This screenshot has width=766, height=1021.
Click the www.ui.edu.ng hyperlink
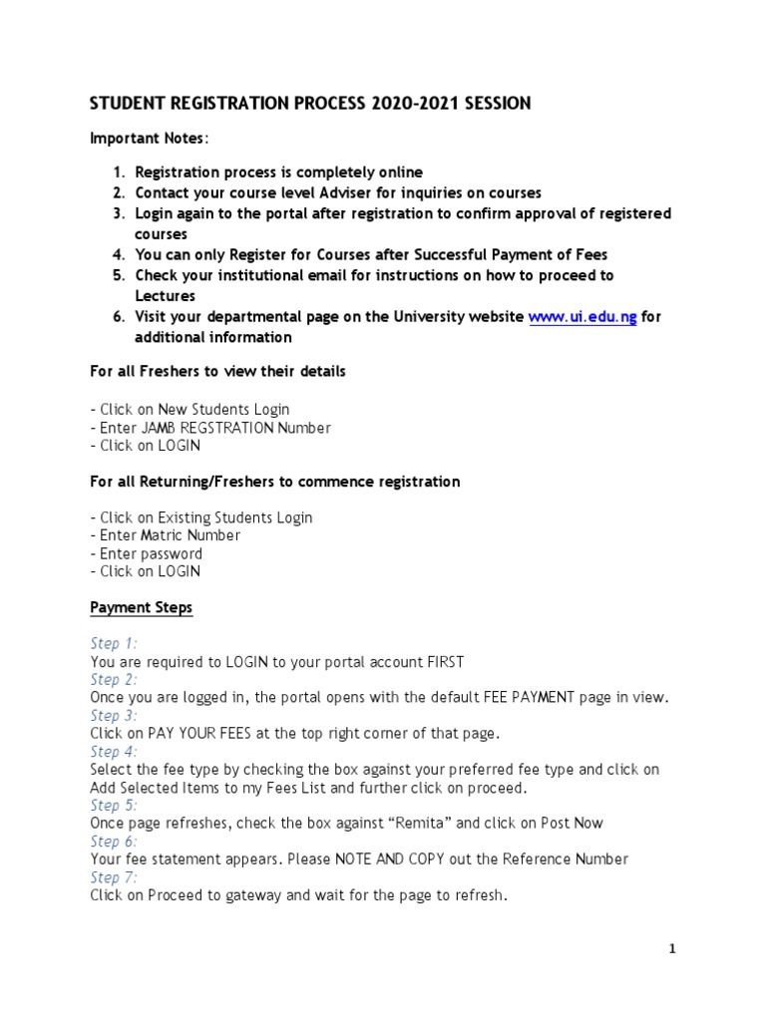[581, 317]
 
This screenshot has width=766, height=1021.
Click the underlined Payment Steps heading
[141, 607]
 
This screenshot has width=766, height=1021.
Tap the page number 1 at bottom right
[672, 949]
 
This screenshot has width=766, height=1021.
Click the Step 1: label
[114, 644]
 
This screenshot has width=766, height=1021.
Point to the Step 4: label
[114, 752]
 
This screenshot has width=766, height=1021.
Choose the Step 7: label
[114, 877]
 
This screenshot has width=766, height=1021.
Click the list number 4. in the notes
[118, 254]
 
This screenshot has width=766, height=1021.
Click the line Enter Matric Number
[165, 535]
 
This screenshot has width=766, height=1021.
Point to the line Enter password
[146, 553]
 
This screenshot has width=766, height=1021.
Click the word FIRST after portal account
[443, 662]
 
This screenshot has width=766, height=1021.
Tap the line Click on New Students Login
[190, 410]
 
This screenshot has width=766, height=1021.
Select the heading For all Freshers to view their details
[217, 372]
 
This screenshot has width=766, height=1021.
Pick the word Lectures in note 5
[165, 296]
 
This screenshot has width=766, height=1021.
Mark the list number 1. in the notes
[118, 173]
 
